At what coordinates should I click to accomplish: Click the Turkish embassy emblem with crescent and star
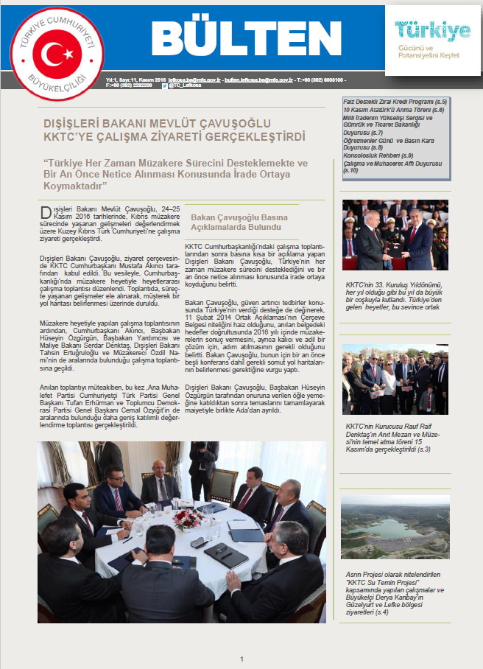pyautogui.click(x=57, y=54)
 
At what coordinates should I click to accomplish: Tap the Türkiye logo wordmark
pyautogui.click(x=432, y=31)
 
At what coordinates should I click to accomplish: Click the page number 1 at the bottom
pyautogui.click(x=241, y=659)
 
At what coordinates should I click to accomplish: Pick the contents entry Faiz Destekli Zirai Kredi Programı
pyautogui.click(x=395, y=101)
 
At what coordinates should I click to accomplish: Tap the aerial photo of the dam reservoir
pyautogui.click(x=395, y=526)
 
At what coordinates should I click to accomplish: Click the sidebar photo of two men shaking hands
pyautogui.click(x=395, y=234)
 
